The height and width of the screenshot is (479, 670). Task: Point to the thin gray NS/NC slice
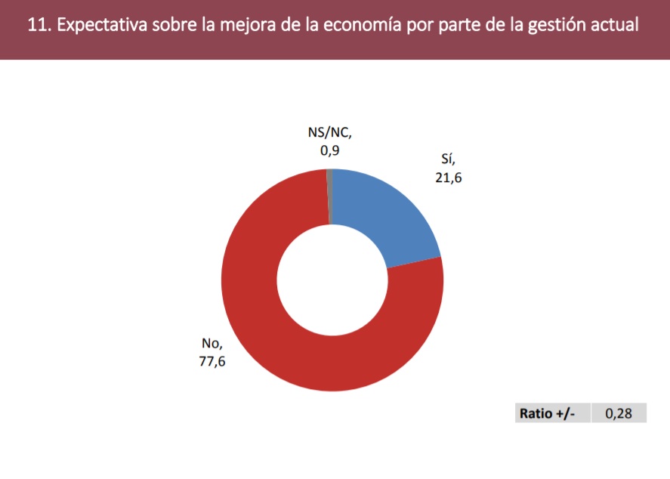(329, 196)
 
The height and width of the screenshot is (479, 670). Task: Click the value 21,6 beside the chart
(448, 178)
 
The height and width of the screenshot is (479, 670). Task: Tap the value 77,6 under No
(212, 361)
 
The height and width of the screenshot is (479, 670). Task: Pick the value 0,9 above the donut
(329, 150)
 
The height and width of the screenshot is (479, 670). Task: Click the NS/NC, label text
(329, 132)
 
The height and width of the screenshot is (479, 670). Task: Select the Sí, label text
(448, 159)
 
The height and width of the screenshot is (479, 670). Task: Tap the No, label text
(212, 343)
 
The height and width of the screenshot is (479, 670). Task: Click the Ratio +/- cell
(547, 413)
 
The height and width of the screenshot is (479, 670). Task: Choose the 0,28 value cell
(619, 413)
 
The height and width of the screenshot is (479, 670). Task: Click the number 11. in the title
(39, 25)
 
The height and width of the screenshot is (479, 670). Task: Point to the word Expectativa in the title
(102, 26)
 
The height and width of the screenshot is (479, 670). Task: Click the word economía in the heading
(362, 25)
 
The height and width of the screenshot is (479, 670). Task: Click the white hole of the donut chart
(332, 280)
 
